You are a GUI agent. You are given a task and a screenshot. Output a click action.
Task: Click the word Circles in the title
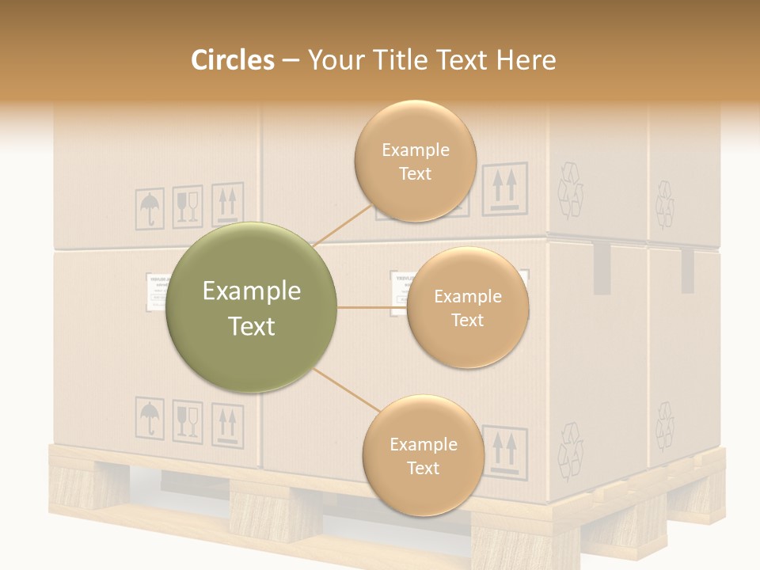click(x=233, y=60)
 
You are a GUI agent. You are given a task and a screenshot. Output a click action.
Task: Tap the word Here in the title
click(x=526, y=60)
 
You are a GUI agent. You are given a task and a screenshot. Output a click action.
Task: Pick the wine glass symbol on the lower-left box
click(x=188, y=420)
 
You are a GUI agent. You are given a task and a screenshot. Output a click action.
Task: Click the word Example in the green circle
click(x=252, y=291)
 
